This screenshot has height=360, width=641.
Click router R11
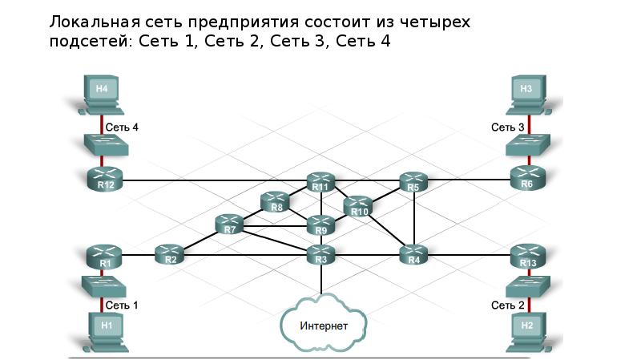click(321, 182)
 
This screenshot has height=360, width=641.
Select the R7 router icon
click(229, 224)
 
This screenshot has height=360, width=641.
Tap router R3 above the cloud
click(321, 254)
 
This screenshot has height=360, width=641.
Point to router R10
click(358, 207)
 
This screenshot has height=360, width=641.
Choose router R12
click(105, 179)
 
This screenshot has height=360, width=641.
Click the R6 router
click(528, 178)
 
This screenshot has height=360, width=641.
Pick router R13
click(528, 256)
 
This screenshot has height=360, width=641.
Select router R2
click(170, 254)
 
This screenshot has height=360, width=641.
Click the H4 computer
click(101, 95)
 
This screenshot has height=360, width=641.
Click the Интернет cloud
click(324, 324)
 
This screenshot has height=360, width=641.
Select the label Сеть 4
click(122, 127)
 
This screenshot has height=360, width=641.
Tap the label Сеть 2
click(508, 305)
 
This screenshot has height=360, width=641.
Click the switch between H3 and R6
click(528, 145)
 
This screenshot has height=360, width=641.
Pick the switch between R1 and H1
click(103, 286)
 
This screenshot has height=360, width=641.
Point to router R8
click(275, 202)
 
